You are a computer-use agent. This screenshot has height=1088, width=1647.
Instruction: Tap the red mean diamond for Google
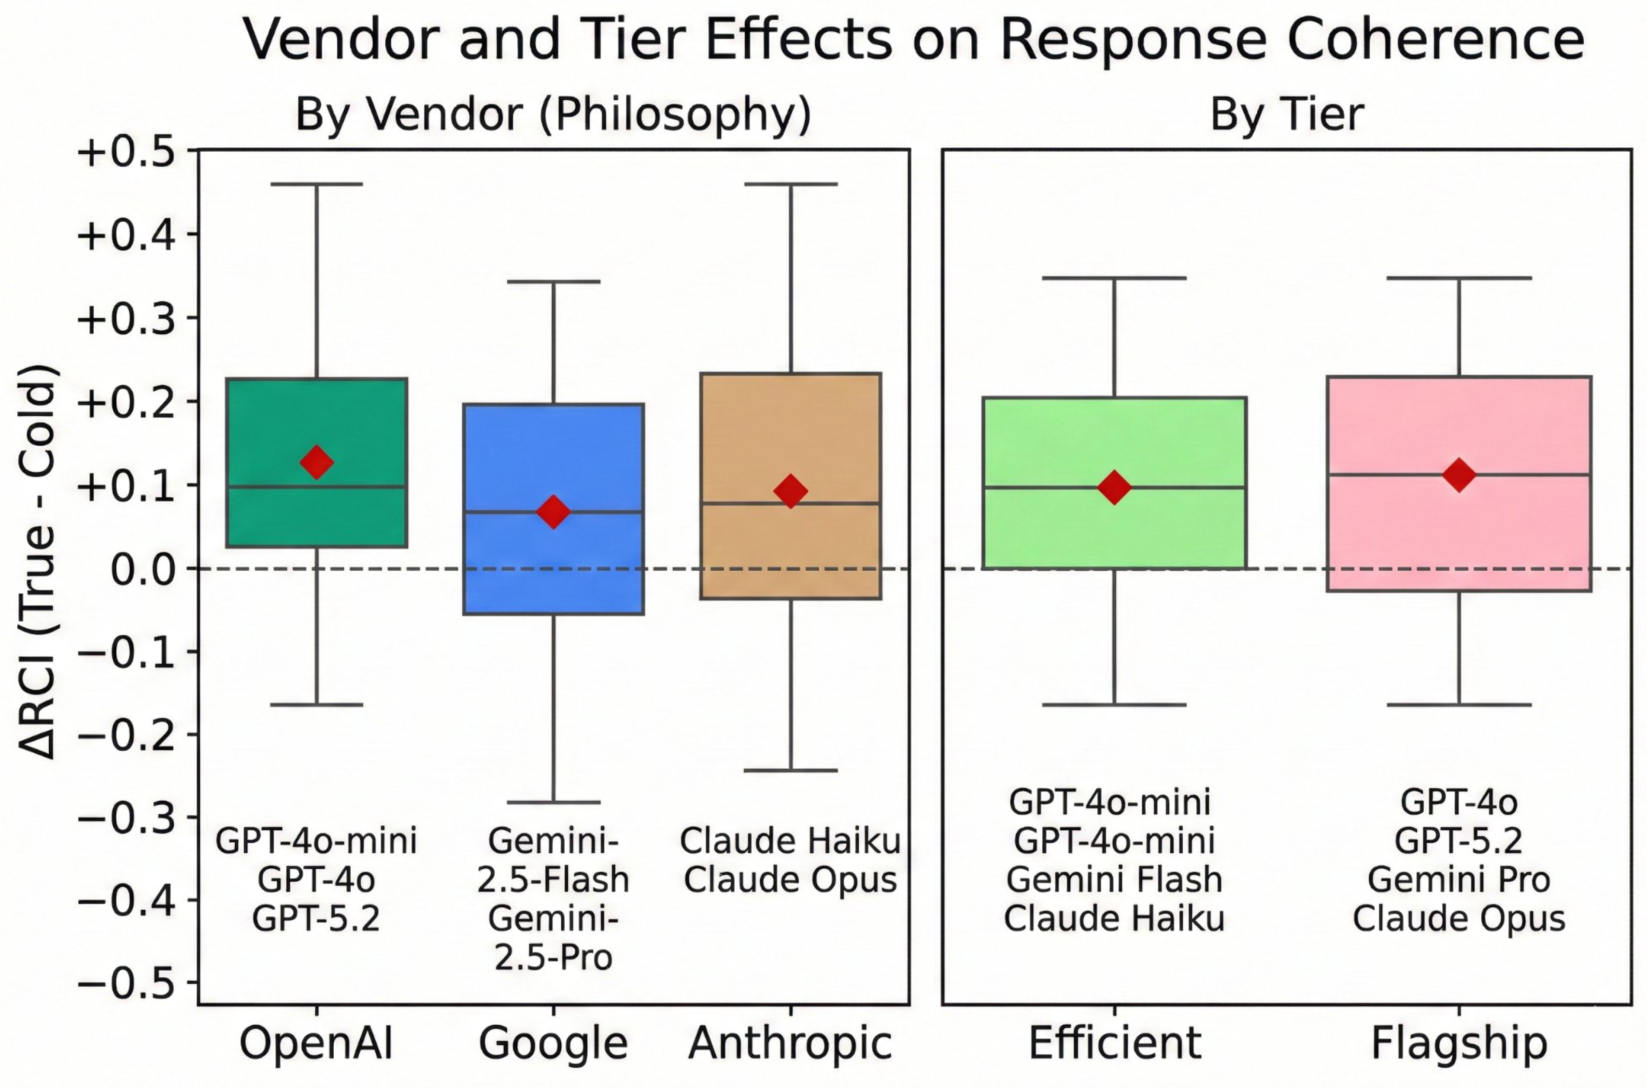click(x=553, y=512)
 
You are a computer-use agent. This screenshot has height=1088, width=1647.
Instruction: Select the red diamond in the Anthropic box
click(x=791, y=491)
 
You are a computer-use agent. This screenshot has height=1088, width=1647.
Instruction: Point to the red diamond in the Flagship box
click(x=1459, y=475)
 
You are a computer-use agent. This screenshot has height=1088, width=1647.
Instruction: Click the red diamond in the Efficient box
click(x=1114, y=487)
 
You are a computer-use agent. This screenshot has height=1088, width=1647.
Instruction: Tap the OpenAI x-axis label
click(x=316, y=1044)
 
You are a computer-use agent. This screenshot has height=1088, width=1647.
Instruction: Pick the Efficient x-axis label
click(x=1114, y=1044)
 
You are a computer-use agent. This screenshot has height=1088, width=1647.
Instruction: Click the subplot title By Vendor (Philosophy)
click(x=553, y=114)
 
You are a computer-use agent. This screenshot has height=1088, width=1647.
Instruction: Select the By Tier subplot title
click(x=1287, y=114)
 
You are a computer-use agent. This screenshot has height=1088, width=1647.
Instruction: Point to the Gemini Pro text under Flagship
click(x=1459, y=880)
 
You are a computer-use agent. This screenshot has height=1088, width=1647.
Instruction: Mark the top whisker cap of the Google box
click(x=553, y=282)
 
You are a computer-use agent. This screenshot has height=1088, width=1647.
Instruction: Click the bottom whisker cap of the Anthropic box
click(x=791, y=770)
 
